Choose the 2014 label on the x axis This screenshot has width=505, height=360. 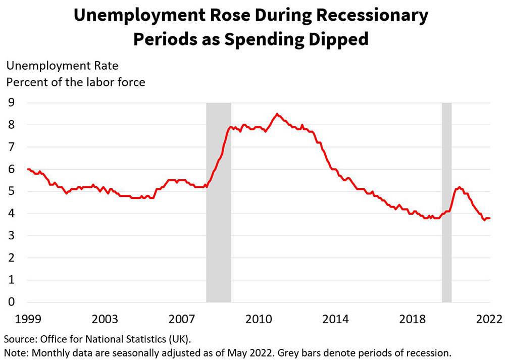pos(335,319)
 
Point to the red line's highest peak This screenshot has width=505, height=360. pos(277,114)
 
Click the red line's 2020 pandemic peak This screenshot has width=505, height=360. pos(459,187)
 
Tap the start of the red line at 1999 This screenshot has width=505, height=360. pos(28,169)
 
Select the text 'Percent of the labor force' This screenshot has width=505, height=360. pos(75,81)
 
